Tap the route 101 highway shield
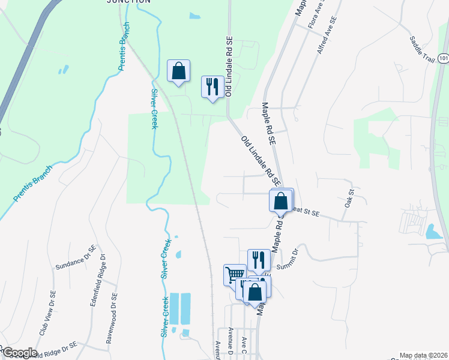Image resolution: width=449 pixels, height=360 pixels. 443,58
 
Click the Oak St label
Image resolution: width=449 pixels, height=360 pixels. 350,199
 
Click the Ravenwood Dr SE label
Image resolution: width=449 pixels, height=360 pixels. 112,316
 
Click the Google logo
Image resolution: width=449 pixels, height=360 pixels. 19,353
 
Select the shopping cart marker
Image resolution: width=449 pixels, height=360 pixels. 235,275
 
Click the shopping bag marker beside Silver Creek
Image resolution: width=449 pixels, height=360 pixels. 178,71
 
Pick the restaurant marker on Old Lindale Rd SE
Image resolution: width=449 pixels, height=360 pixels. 211,86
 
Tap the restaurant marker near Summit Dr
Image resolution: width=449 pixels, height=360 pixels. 259,259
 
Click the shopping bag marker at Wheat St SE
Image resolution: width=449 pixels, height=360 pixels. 281,200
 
